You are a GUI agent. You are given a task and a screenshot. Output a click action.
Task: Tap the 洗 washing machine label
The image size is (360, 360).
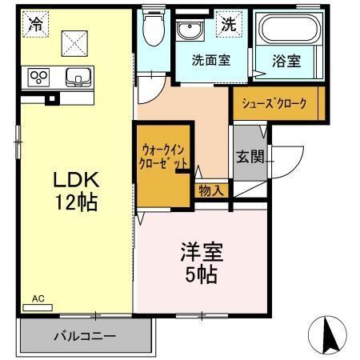[228, 24]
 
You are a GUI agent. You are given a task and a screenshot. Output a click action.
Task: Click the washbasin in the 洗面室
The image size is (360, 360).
[190, 31]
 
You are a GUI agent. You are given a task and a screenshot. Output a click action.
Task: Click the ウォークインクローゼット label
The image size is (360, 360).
[165, 155]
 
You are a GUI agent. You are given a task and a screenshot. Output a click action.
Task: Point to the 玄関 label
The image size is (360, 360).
[246, 156]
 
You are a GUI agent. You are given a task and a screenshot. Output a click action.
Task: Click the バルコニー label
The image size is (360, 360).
[85, 336]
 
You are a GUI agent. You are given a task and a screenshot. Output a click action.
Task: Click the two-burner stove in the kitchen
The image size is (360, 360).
[38, 77]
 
